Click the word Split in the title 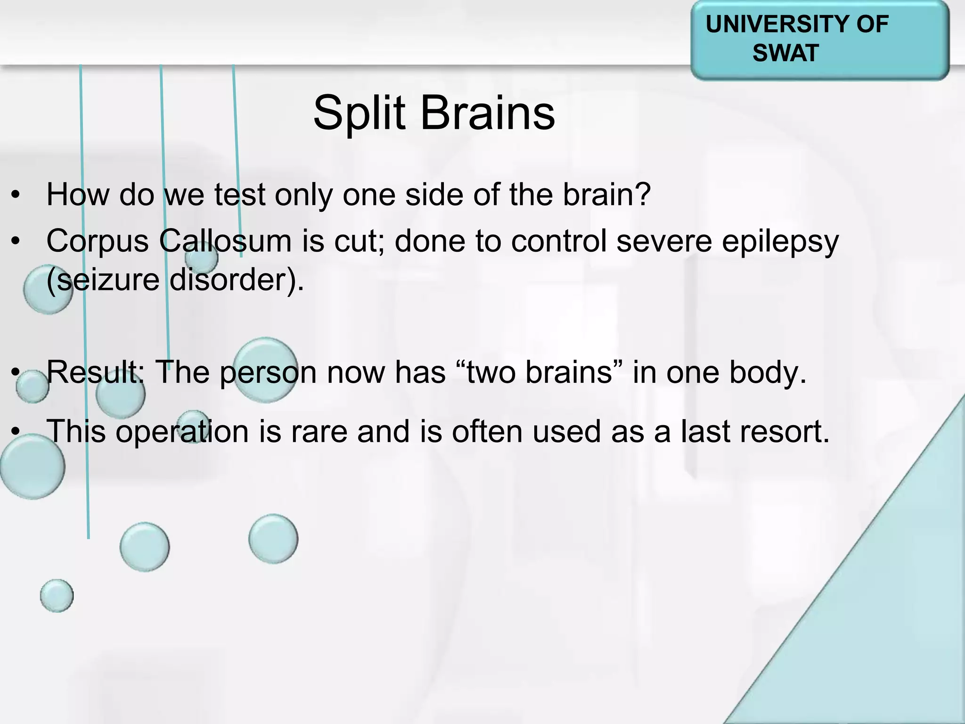(359, 113)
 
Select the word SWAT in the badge (785, 53)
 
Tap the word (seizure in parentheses (103, 280)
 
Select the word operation (182, 432)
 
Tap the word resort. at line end (784, 432)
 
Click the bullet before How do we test (16, 195)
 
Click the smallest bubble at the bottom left (57, 595)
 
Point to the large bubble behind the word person (265, 370)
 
